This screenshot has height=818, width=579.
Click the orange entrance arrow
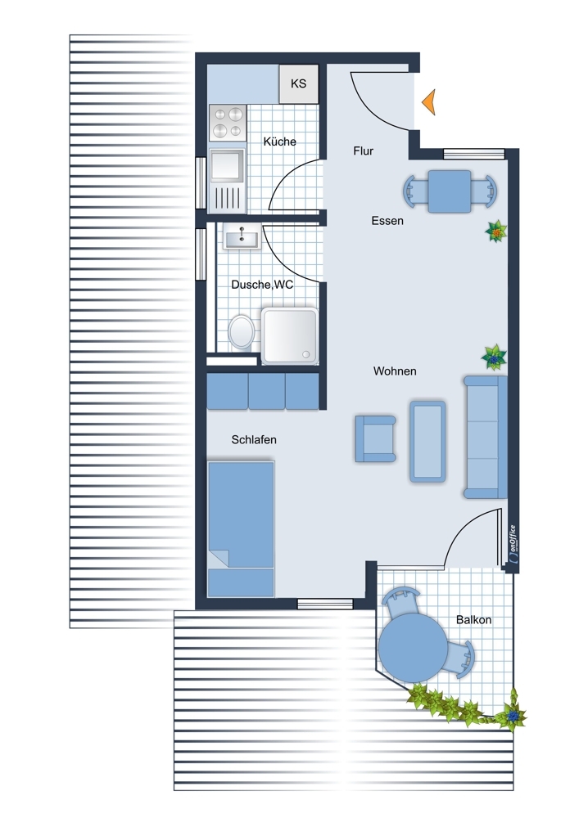429,101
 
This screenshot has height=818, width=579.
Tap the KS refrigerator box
299,83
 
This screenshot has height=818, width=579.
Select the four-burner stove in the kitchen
228,123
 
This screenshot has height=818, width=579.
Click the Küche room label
279,142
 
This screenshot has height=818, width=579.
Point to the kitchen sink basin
227,166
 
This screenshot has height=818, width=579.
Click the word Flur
364,151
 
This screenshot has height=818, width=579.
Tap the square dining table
450,191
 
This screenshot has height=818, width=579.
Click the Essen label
387,221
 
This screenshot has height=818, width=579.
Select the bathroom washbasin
242,237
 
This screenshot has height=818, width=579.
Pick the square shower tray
290,335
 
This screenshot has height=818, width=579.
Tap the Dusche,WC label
262,285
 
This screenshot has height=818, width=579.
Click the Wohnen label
395,371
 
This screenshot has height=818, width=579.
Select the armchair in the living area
375,438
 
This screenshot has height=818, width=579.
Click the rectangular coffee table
427,442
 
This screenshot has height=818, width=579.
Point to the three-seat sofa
486,437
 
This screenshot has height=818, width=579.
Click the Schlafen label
254,440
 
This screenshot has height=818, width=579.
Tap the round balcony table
413,647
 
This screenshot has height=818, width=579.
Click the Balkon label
473,620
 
